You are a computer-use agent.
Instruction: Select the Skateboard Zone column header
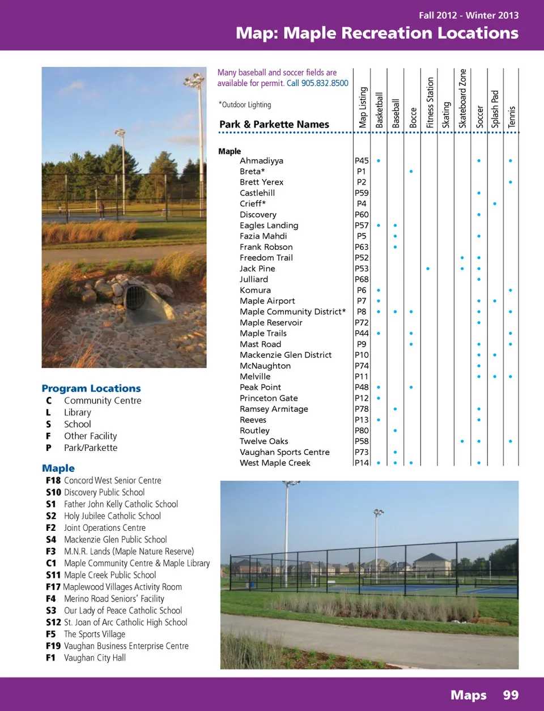click(462, 99)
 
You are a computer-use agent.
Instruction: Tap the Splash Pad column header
click(495, 109)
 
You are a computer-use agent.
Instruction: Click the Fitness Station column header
click(430, 103)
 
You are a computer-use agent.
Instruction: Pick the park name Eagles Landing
click(269, 225)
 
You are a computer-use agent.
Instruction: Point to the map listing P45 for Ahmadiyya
click(362, 161)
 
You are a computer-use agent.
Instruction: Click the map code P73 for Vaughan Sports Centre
click(362, 452)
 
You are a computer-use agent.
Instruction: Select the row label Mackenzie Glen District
click(286, 355)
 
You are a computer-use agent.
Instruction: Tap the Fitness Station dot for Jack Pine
click(428, 269)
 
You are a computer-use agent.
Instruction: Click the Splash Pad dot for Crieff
click(495, 204)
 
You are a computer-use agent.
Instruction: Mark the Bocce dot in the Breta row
click(411, 171)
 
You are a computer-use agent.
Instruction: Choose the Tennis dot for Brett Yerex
click(511, 182)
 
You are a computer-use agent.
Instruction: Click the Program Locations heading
click(91, 389)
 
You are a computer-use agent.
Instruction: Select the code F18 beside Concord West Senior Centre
click(53, 480)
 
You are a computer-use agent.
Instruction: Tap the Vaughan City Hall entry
click(95, 658)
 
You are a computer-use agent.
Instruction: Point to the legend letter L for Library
click(49, 412)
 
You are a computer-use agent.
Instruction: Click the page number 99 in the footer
click(511, 695)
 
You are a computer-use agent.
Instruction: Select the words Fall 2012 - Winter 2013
click(469, 15)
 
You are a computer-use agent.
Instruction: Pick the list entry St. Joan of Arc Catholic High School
click(125, 622)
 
